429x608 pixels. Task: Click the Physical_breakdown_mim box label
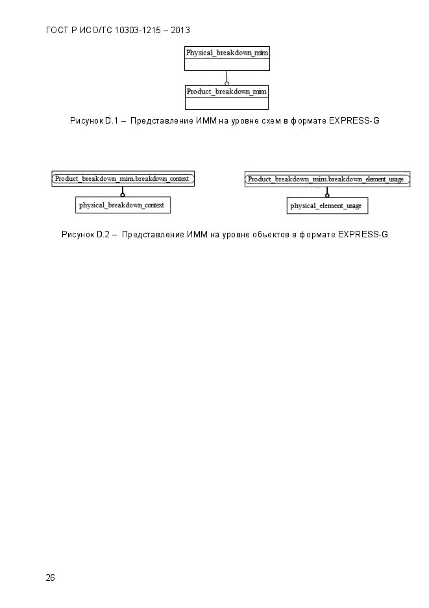(x=227, y=53)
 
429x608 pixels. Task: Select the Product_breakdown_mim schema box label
(x=227, y=92)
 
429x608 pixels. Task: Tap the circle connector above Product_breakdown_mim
(x=227, y=83)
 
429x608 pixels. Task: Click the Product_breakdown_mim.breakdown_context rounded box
(x=123, y=179)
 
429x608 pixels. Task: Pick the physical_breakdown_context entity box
(x=123, y=205)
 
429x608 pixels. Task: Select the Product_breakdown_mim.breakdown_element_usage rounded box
(x=327, y=179)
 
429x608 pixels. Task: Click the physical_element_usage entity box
(x=327, y=205)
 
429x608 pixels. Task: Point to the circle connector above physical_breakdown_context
(x=123, y=194)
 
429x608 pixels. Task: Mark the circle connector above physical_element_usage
(x=327, y=195)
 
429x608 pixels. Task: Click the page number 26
(x=50, y=577)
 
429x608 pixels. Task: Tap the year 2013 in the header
(x=180, y=31)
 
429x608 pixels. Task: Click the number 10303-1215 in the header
(x=138, y=31)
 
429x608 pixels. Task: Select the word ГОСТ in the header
(x=57, y=31)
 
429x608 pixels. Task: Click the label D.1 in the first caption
(x=112, y=120)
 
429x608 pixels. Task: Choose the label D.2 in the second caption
(x=103, y=235)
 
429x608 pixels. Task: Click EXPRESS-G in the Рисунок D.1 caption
(x=354, y=120)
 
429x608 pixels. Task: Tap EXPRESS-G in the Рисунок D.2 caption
(x=363, y=235)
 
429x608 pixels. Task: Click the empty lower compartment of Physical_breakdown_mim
(x=227, y=64)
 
